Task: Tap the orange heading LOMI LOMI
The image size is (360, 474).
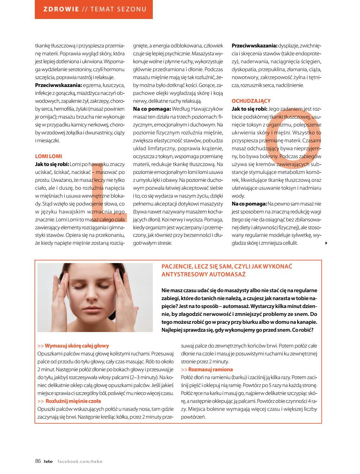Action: pyautogui.click(x=49, y=156)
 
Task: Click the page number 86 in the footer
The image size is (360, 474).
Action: pyautogui.click(x=38, y=461)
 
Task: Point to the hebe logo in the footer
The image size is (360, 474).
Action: pyautogui.click(x=48, y=461)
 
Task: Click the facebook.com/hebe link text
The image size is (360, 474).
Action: pyautogui.click(x=80, y=461)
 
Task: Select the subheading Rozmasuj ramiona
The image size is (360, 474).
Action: pyautogui.click(x=210, y=369)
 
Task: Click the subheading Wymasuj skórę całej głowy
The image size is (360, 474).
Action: pyautogui.click(x=77, y=346)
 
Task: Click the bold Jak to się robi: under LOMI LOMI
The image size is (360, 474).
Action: pyautogui.click(x=52, y=164)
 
